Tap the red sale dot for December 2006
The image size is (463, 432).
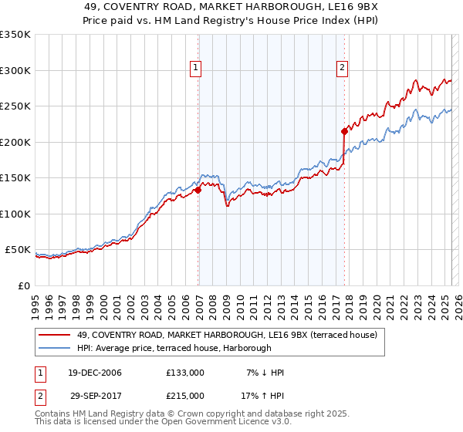(x=198, y=190)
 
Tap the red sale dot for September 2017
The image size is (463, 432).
(x=345, y=131)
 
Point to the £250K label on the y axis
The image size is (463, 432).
(x=15, y=106)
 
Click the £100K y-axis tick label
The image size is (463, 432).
(x=15, y=214)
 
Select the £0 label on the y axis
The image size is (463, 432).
(x=24, y=285)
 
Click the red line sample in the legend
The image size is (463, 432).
(x=56, y=336)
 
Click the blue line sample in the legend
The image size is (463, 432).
(x=56, y=349)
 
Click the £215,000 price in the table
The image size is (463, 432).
(x=185, y=396)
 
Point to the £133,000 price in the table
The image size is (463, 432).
(x=185, y=373)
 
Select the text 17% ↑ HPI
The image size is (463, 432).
(x=262, y=396)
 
